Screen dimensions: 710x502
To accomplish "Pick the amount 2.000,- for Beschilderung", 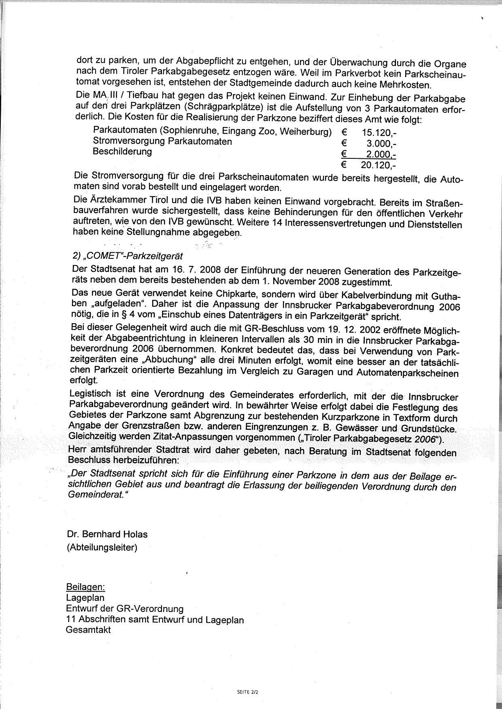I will (x=381, y=154).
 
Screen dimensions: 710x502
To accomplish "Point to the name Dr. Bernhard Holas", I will (x=107, y=534).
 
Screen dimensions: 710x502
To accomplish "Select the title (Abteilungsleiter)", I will (x=102, y=548).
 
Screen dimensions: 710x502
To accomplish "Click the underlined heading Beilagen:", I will (x=85, y=587).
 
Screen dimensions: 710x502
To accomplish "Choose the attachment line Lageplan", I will (x=85, y=598).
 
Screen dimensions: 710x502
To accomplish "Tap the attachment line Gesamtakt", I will (x=88, y=630).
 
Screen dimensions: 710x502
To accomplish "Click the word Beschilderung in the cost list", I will (x=122, y=151).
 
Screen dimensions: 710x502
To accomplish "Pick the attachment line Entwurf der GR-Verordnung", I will (x=125, y=608).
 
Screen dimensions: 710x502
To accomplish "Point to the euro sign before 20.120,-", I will (x=344, y=164).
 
